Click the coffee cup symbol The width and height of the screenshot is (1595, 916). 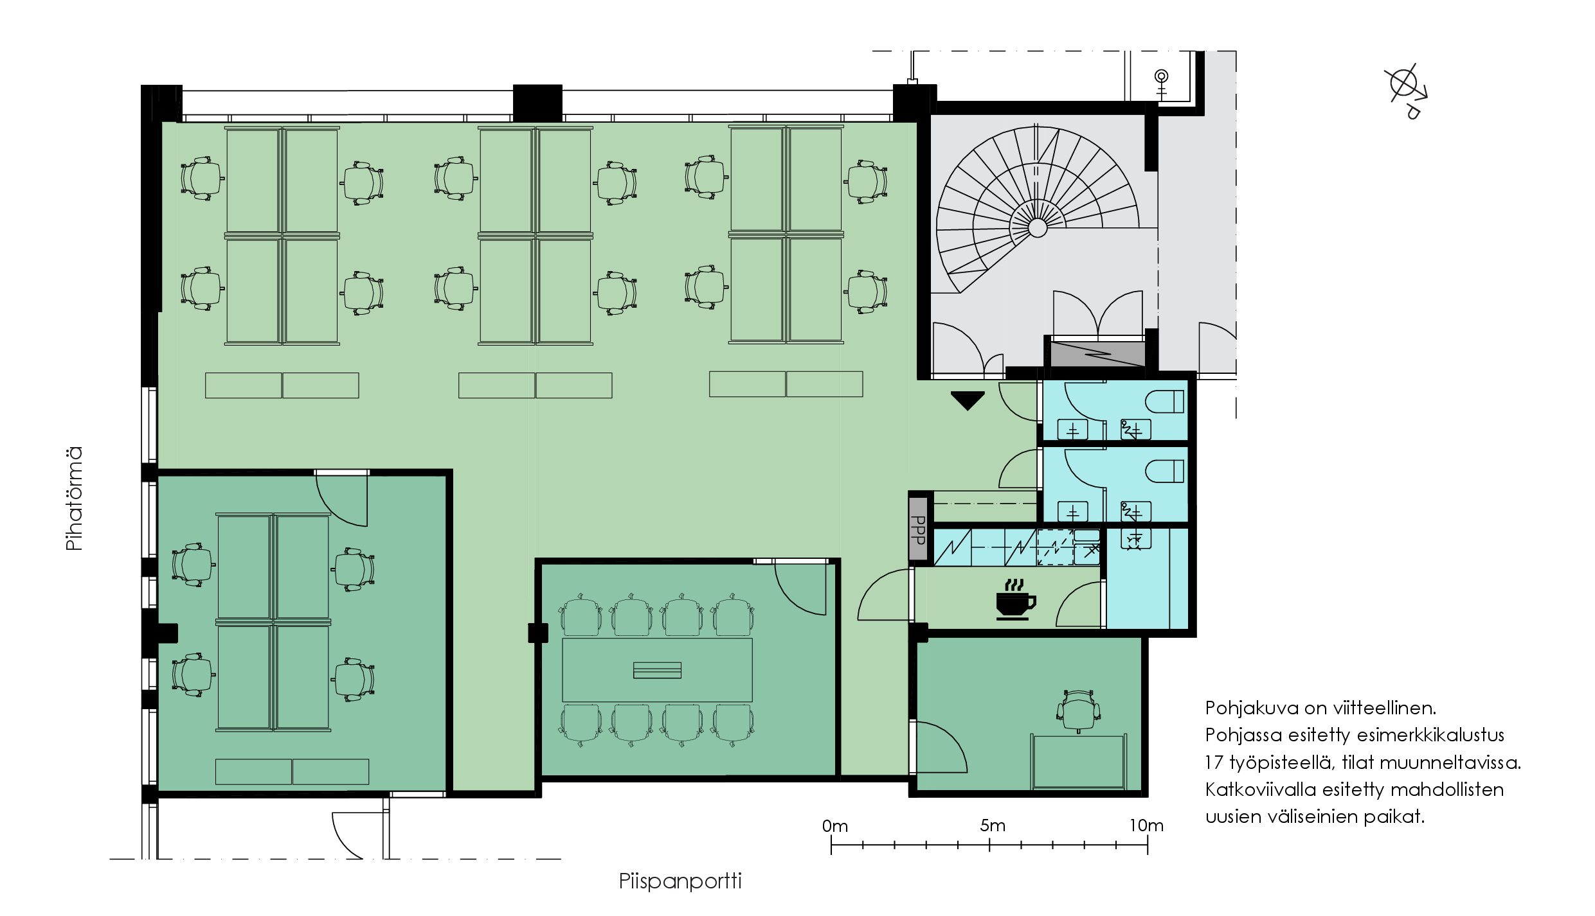pos(1015,599)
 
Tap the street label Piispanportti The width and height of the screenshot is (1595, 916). pos(680,881)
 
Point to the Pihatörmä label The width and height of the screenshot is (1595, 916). pos(75,498)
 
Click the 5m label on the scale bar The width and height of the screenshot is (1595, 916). pos(992,825)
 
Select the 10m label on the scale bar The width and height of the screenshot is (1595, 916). pos(1146,825)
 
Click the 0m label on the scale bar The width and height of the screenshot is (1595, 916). pos(834,826)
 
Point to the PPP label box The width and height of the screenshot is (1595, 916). pos(919,529)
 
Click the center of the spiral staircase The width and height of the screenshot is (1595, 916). pos(1037,227)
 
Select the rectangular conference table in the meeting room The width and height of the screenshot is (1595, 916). pos(657,670)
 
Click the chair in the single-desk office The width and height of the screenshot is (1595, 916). pos(1078,711)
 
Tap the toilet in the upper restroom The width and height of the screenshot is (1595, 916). pos(1164,402)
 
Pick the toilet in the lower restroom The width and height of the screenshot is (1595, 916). pos(1164,471)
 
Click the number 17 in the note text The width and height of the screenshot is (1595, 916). pos(1214,762)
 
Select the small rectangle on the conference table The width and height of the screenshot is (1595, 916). pos(657,670)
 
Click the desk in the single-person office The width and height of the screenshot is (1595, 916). pos(1079,762)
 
